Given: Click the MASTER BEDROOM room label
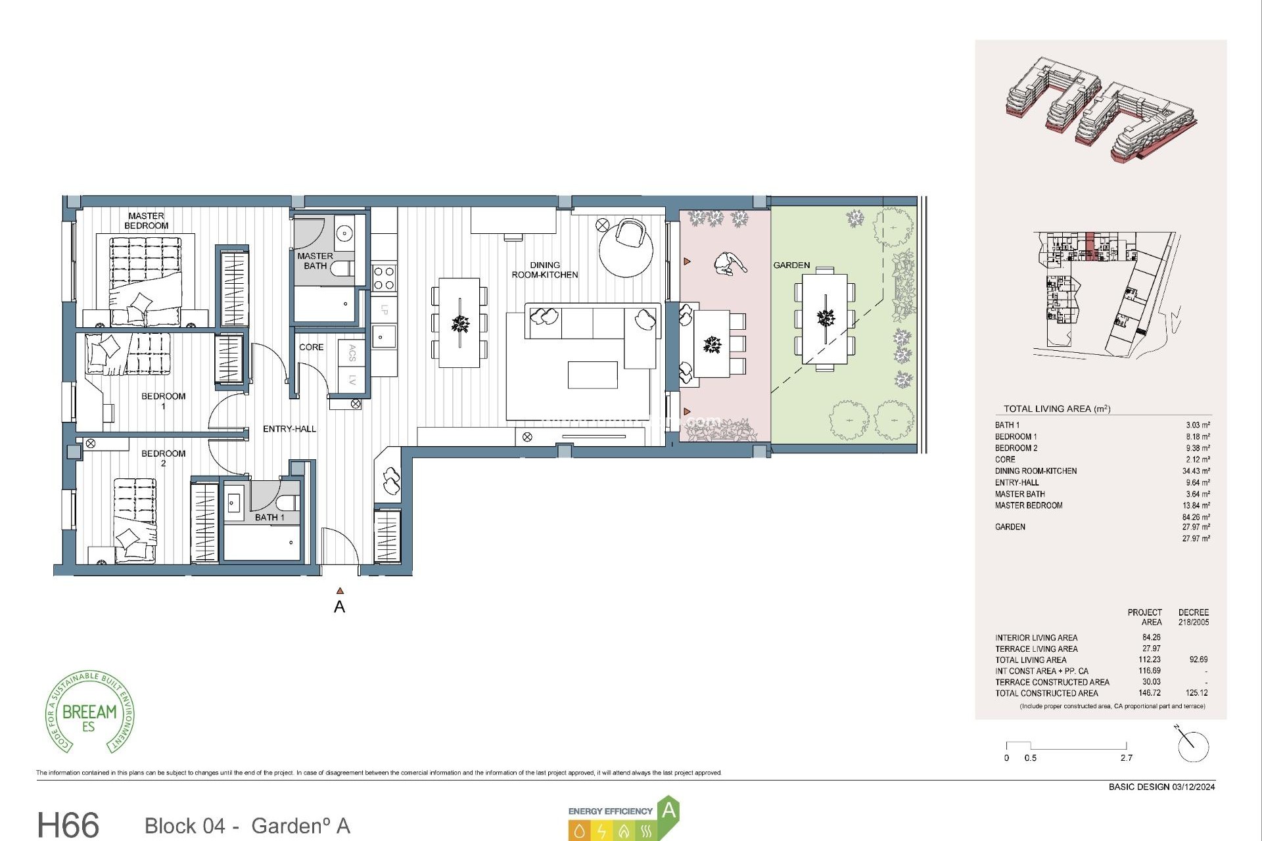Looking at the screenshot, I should (146, 221).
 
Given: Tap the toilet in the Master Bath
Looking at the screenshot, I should (342, 269).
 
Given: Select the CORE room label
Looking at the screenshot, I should (311, 347).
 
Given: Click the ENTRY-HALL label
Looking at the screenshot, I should (289, 429).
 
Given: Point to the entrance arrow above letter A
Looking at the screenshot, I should (340, 591).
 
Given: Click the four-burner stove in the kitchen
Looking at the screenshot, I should (384, 277).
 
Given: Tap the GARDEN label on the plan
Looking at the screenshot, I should (791, 265).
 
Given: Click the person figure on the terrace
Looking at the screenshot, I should (729, 263).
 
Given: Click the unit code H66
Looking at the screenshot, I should (68, 825).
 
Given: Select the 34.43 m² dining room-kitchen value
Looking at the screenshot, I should (1196, 471).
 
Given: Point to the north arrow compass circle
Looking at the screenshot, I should (1193, 747).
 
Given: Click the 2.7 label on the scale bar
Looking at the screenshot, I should (1126, 758).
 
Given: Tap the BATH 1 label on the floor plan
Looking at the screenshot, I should (269, 518).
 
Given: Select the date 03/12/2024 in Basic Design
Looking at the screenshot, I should (1193, 787).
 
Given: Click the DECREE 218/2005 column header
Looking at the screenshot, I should (1193, 617).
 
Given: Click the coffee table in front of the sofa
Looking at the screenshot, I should (592, 375).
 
